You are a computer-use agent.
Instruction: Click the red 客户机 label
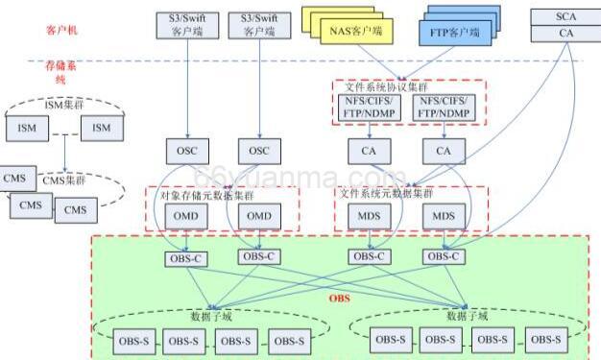coord(60,31)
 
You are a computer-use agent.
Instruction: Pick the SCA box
coord(566,16)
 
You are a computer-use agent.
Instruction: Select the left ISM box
coord(26,128)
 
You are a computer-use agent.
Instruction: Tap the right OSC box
coord(259,151)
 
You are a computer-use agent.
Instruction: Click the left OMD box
coord(184,216)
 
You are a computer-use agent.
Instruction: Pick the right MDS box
coord(444,216)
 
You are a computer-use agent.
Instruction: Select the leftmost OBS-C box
coord(184,256)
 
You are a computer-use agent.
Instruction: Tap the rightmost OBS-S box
coord(544,339)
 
